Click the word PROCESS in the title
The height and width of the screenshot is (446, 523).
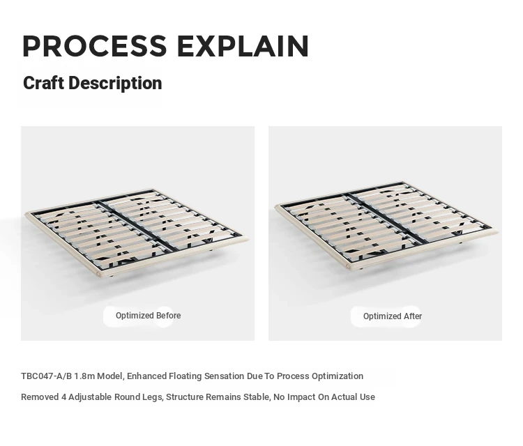click(x=95, y=46)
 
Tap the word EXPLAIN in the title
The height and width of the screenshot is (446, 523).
click(x=243, y=46)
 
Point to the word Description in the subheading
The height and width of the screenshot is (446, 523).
click(x=115, y=83)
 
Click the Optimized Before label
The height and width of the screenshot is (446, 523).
click(x=148, y=316)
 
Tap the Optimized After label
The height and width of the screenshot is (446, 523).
click(x=392, y=316)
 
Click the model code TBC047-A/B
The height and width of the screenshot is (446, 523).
click(x=46, y=376)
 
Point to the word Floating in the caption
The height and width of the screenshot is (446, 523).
click(x=185, y=376)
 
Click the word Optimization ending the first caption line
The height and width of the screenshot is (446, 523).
click(x=338, y=376)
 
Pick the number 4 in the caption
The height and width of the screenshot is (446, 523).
click(x=63, y=397)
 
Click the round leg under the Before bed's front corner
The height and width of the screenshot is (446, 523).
click(x=111, y=276)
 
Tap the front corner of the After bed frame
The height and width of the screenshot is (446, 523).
click(x=348, y=266)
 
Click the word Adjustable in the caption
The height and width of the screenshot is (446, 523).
click(x=90, y=397)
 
